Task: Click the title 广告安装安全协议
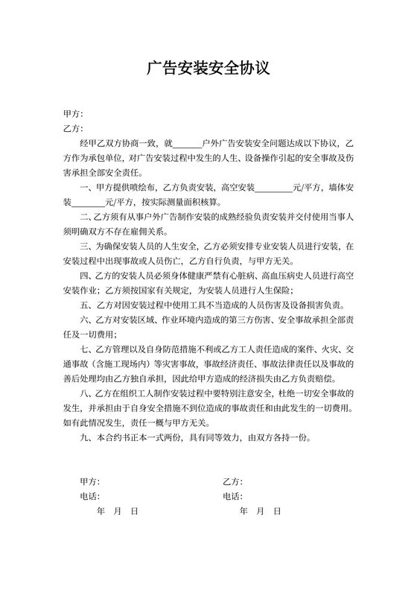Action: point(208,69)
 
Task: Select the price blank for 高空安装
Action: point(275,187)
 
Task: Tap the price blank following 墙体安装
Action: point(88,201)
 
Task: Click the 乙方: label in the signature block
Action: point(232,481)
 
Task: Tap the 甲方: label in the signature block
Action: point(89,481)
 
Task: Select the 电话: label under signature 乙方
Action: point(232,496)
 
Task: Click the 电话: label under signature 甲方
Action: point(89,496)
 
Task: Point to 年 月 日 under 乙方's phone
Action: point(260,511)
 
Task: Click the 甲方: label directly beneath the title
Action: point(72,114)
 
